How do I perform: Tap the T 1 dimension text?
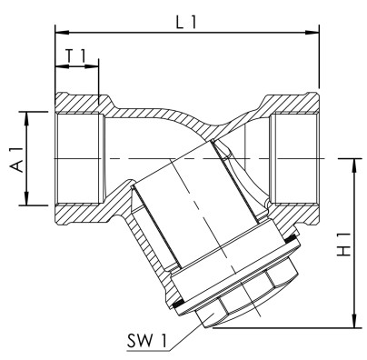[x=79, y=56]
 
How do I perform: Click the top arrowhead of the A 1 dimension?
[x=30, y=115]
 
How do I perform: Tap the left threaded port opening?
[x=77, y=159]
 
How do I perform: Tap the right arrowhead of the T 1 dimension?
[x=95, y=69]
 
